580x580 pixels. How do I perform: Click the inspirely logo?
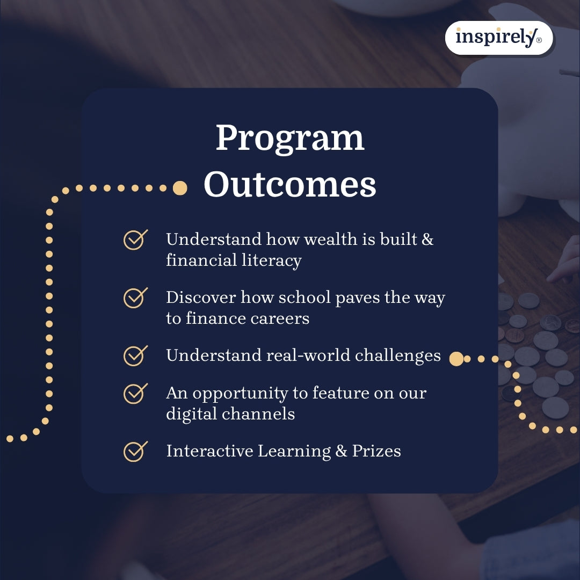pyautogui.click(x=498, y=38)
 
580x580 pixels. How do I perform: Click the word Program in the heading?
pyautogui.click(x=290, y=139)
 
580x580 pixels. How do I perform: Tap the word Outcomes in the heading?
pyautogui.click(x=290, y=185)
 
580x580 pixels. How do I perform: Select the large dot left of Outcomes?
pyautogui.click(x=180, y=188)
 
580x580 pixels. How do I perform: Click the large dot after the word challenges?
pyautogui.click(x=456, y=359)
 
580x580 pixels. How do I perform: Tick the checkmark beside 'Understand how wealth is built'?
pyautogui.click(x=135, y=240)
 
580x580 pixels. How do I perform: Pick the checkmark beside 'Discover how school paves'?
pyautogui.click(x=135, y=298)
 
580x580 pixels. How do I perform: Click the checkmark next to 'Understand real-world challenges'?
pyautogui.click(x=135, y=356)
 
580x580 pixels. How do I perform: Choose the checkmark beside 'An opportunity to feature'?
pyautogui.click(x=135, y=393)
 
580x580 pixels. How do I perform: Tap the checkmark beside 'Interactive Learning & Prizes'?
pyautogui.click(x=135, y=451)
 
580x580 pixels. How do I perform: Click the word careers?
pyautogui.click(x=280, y=318)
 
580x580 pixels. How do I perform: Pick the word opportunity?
pyautogui.click(x=242, y=394)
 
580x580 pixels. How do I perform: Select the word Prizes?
pyautogui.click(x=376, y=451)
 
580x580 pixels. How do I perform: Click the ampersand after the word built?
pyautogui.click(x=427, y=240)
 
